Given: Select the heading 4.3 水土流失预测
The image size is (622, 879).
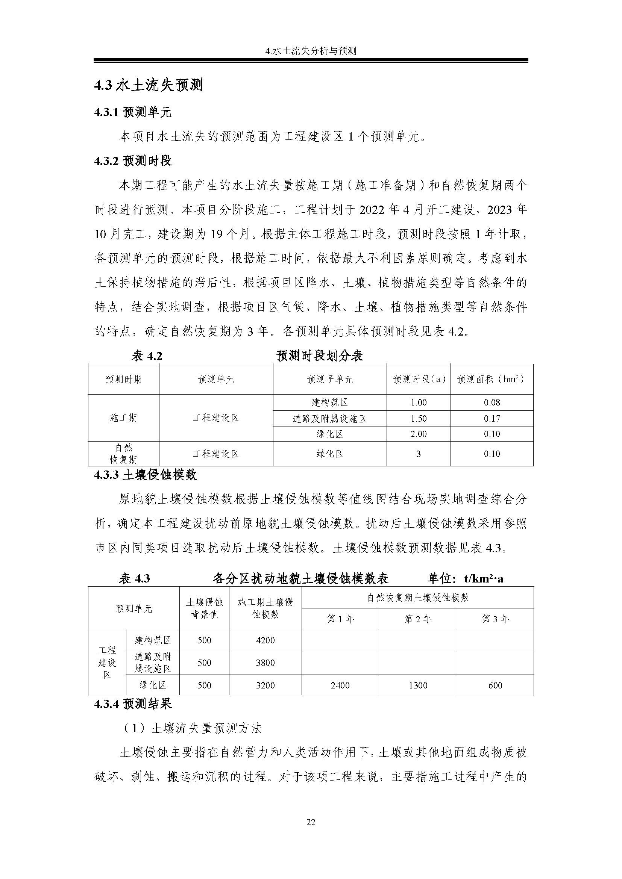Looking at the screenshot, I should (x=148, y=85).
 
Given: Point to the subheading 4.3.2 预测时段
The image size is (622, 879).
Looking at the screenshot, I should (x=132, y=161).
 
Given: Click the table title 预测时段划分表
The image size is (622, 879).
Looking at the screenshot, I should (x=319, y=356).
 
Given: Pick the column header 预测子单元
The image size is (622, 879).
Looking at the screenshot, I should (x=330, y=380).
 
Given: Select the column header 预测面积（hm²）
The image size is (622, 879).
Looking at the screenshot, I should (x=492, y=380).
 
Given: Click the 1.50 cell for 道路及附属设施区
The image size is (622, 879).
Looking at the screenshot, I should (x=418, y=419).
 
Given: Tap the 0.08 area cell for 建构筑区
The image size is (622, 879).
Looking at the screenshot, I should (x=492, y=403).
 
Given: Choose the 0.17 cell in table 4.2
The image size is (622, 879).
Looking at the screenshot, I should (x=492, y=419).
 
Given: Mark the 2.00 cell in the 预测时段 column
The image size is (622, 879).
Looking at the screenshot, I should (x=418, y=434).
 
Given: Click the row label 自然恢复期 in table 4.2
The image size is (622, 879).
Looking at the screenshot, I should (x=123, y=454).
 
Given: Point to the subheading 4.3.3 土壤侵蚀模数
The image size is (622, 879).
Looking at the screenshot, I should (x=145, y=475).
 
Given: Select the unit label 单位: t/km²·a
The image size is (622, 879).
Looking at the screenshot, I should (x=465, y=578).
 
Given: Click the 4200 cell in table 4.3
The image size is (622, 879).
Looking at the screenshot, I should (x=265, y=640).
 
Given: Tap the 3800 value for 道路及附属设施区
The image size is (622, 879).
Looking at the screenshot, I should (x=265, y=663).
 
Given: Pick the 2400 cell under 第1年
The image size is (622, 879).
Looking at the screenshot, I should (x=340, y=685).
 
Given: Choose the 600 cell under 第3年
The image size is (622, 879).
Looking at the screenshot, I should (x=495, y=685).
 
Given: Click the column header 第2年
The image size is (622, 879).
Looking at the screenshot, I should (x=417, y=619).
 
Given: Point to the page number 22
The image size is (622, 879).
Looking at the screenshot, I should (x=311, y=822).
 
